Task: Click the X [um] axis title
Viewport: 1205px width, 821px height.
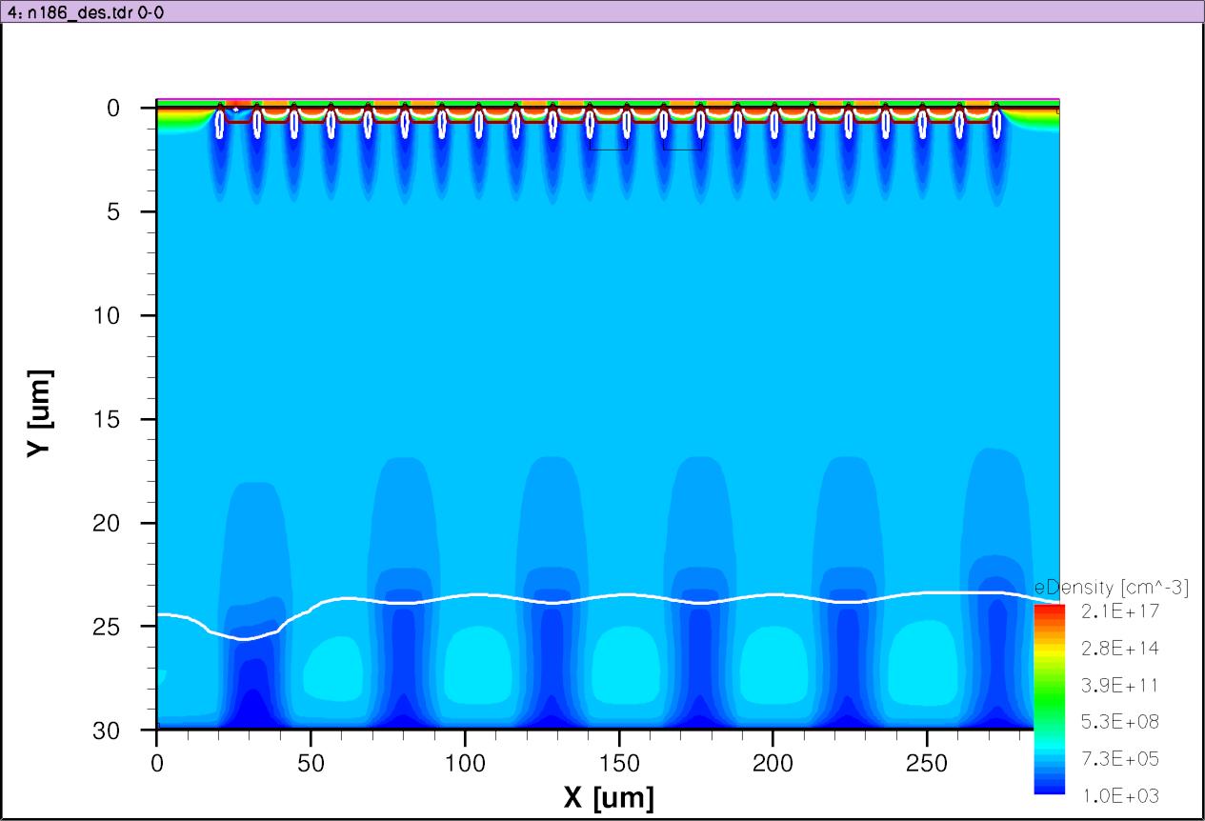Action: [x=609, y=797]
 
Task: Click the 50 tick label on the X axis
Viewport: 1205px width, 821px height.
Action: [x=310, y=764]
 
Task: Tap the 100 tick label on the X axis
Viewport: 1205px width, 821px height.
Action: [x=464, y=764]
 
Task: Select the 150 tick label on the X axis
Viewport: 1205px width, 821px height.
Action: [x=618, y=764]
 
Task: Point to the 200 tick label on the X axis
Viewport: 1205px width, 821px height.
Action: [x=773, y=764]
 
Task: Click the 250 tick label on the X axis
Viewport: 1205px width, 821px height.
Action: [x=926, y=764]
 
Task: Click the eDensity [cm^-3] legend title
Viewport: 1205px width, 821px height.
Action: [x=1112, y=588]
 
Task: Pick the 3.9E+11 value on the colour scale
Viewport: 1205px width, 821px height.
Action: [x=1120, y=685]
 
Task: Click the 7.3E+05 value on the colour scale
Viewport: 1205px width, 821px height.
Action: [x=1120, y=759]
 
